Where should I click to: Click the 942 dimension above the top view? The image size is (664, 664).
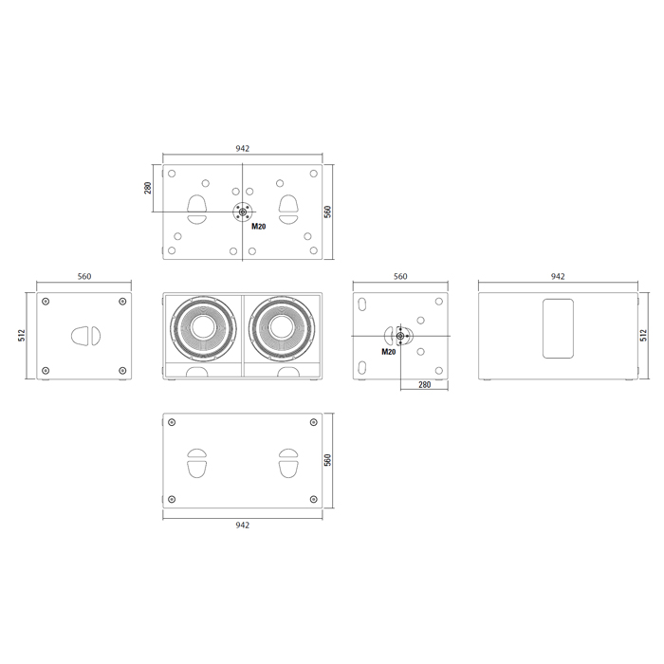pyautogui.click(x=242, y=148)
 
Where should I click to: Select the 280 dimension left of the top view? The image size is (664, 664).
pyautogui.click(x=148, y=188)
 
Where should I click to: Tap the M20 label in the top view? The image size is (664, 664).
pyautogui.click(x=259, y=226)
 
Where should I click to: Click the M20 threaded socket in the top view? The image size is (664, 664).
pyautogui.click(x=243, y=212)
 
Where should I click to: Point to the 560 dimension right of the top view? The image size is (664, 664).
pyautogui.click(x=328, y=212)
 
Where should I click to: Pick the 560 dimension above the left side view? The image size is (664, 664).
pyautogui.click(x=84, y=276)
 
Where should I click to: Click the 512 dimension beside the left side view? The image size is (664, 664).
pyautogui.click(x=22, y=336)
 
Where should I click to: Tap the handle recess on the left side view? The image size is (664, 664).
pyautogui.click(x=85, y=336)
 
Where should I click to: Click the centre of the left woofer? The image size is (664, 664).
pyautogui.click(x=203, y=328)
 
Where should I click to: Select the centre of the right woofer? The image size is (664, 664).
pyautogui.click(x=282, y=328)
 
